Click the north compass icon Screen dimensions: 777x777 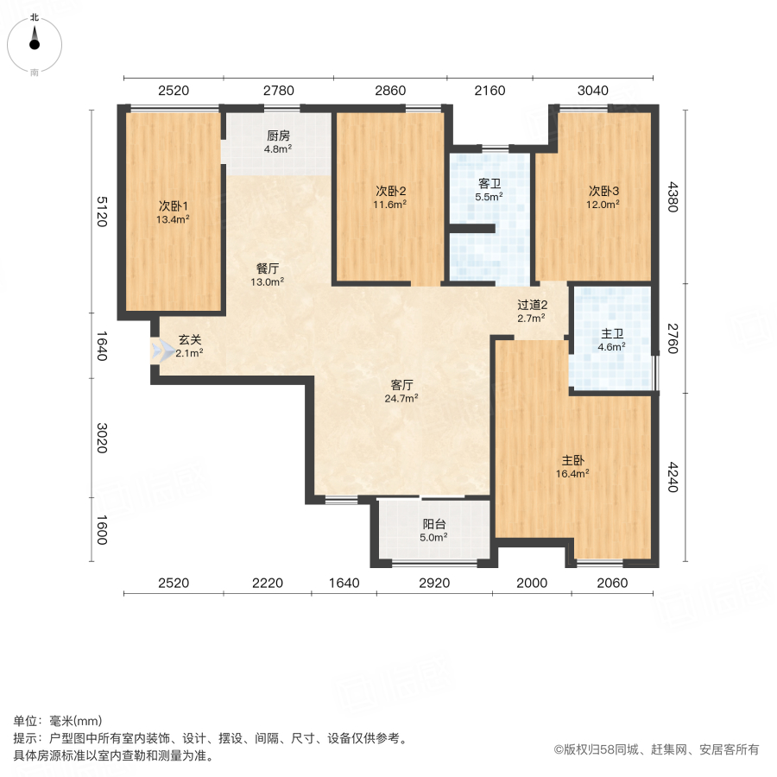(35, 41)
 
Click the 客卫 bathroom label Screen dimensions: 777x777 (490, 190)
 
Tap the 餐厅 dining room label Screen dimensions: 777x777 (267, 275)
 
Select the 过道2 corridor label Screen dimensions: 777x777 (532, 311)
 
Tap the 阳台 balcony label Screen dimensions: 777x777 (434, 530)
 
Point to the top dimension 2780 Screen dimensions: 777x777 (279, 90)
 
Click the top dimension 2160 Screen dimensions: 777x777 (490, 90)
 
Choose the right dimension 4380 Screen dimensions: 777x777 (674, 196)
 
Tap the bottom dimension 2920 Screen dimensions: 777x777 (434, 584)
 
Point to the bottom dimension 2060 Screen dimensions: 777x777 (611, 584)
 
